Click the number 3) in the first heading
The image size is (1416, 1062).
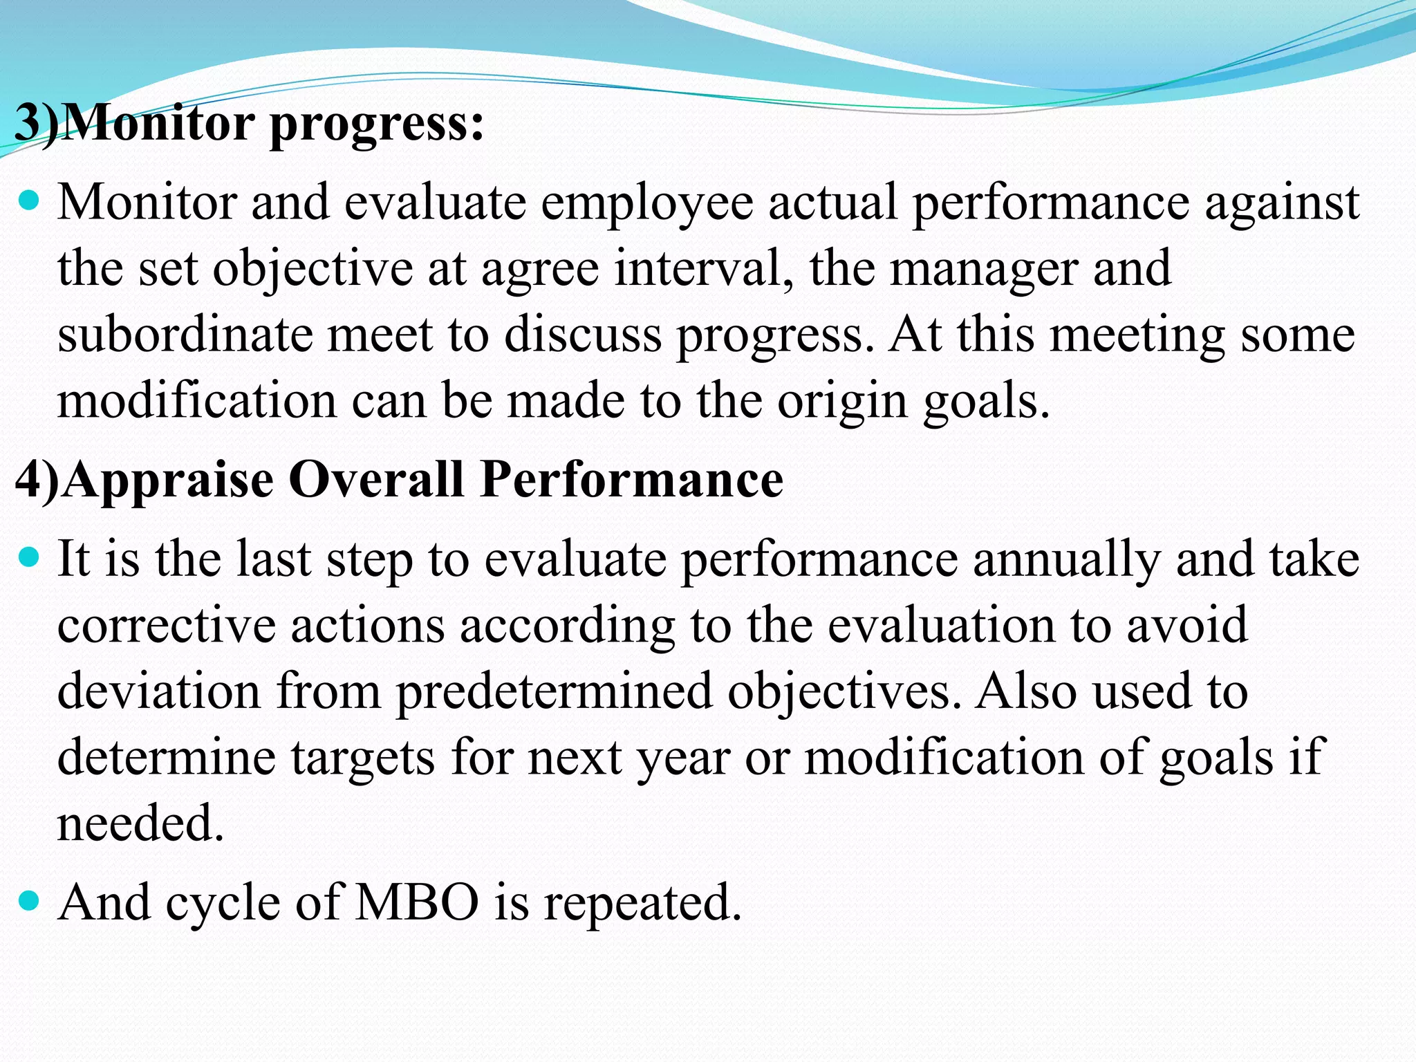[36, 123]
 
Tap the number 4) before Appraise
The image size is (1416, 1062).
[36, 479]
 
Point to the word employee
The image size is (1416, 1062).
[646, 204]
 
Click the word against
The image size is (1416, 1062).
[1282, 204]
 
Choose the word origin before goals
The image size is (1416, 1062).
[841, 402]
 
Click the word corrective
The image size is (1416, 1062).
[166, 626]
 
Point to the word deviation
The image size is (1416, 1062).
[158, 691]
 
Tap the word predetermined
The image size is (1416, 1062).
[553, 691]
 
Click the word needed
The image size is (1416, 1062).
[140, 823]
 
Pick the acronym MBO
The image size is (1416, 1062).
[416, 902]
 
